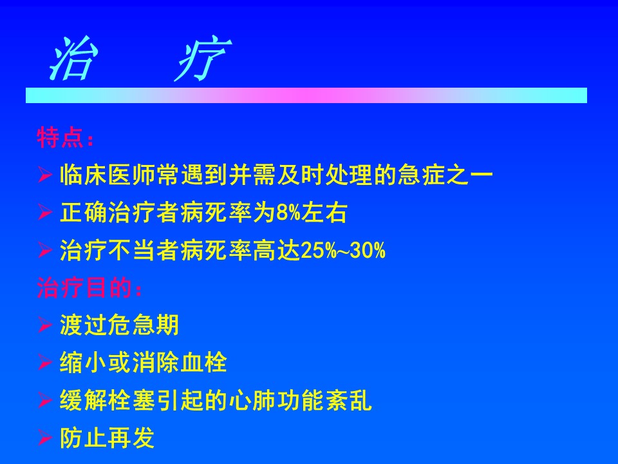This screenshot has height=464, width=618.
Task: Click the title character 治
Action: coord(73,59)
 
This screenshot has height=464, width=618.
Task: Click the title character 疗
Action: coord(203,59)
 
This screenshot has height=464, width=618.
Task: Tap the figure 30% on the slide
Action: coord(368,250)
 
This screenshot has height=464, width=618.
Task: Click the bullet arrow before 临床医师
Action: coord(45,175)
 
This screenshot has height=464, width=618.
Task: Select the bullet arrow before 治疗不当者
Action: coord(45,250)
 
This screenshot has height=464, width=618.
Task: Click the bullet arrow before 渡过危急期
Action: coord(45,325)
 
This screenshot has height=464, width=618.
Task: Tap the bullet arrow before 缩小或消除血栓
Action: coord(45,362)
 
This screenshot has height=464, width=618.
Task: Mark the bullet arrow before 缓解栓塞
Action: coord(45,400)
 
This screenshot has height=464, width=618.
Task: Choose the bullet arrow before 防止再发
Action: coord(45,438)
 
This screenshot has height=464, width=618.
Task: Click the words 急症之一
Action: coord(445,175)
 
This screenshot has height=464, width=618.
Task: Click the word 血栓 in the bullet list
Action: coord(204,362)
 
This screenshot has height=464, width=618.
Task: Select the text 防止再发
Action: coord(108,438)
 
